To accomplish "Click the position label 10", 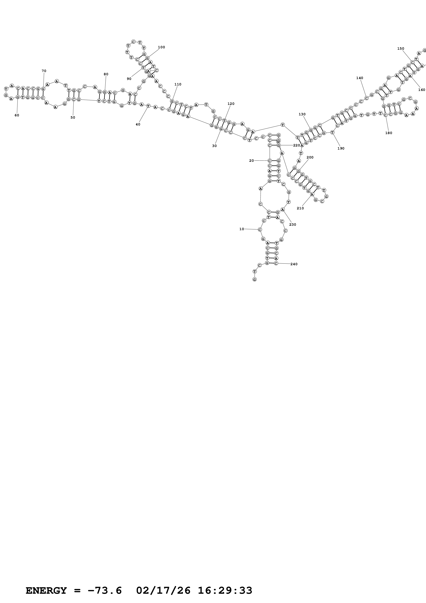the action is [x=241, y=229].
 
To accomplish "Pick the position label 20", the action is [x=251, y=161].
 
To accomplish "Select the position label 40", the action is [x=138, y=124].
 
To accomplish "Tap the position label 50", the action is [x=73, y=117].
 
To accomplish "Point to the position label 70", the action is [x=44, y=71].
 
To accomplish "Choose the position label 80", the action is [x=106, y=74].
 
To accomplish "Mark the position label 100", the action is [x=161, y=47].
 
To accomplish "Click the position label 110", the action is [x=178, y=84].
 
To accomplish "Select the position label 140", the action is [x=360, y=78].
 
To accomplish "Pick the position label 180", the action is [x=389, y=133].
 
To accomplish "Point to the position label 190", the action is [x=341, y=148].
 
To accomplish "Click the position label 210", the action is [x=300, y=208].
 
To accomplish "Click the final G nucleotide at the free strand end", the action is [x=254, y=279].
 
